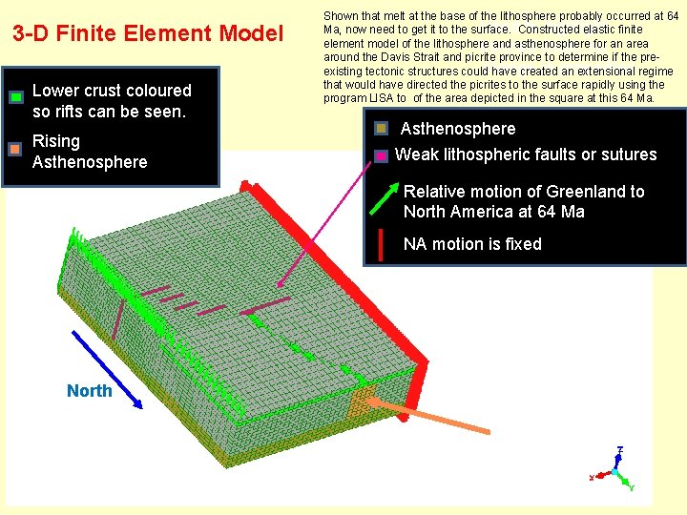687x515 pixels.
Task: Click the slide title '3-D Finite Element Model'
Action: (148, 34)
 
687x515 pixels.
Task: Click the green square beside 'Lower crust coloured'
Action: (16, 97)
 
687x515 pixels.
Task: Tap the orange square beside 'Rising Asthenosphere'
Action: (15, 149)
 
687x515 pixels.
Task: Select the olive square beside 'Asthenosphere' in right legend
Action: (381, 129)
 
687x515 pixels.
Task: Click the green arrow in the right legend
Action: (383, 198)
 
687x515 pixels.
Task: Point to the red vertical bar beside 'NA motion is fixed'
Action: (382, 244)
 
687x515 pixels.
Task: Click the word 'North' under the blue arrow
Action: (89, 391)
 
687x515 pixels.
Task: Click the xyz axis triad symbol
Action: (614, 469)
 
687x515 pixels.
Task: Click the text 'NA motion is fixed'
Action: (472, 244)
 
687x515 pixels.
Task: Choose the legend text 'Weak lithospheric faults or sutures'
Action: (526, 154)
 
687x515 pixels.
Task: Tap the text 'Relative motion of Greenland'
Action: (524, 191)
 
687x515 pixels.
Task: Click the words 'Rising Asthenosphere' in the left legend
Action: (90, 152)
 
